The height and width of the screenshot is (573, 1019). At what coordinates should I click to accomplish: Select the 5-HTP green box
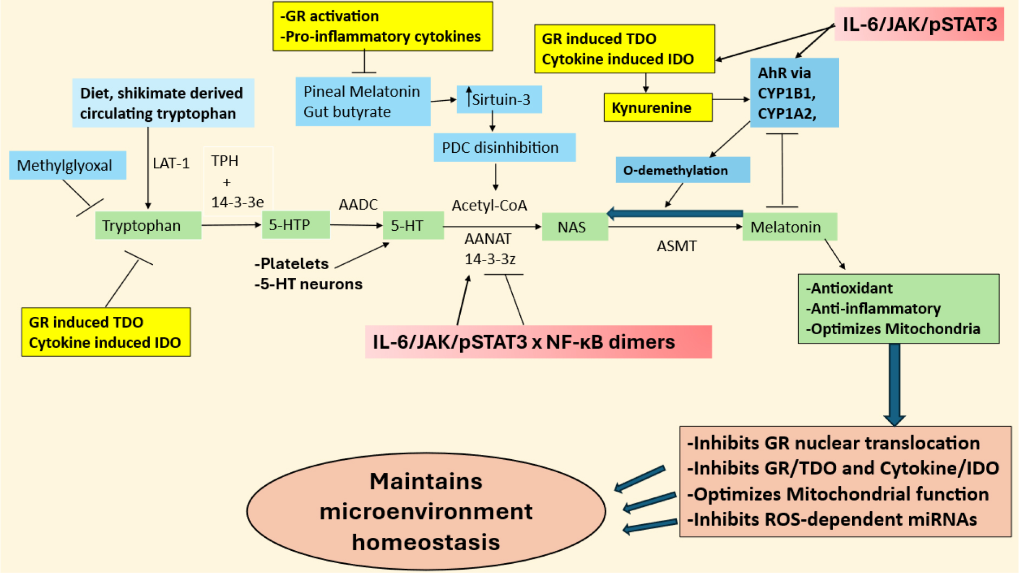click(296, 225)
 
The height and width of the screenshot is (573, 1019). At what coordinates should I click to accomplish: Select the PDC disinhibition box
click(504, 147)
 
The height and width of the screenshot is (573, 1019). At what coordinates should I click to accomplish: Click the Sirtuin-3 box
click(499, 100)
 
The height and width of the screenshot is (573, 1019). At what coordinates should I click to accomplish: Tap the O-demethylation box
click(682, 170)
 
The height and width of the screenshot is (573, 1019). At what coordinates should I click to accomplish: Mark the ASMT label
click(676, 246)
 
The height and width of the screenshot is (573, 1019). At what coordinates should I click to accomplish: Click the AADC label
click(358, 205)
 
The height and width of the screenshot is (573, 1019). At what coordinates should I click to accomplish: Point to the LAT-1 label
click(171, 164)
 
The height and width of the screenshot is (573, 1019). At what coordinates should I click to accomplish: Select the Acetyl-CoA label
click(489, 206)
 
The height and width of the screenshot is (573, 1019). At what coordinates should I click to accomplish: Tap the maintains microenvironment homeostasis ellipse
click(426, 511)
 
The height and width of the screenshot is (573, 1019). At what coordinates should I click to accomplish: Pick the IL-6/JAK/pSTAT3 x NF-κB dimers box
click(538, 342)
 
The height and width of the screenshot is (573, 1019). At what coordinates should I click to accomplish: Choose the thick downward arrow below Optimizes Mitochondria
click(894, 385)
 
